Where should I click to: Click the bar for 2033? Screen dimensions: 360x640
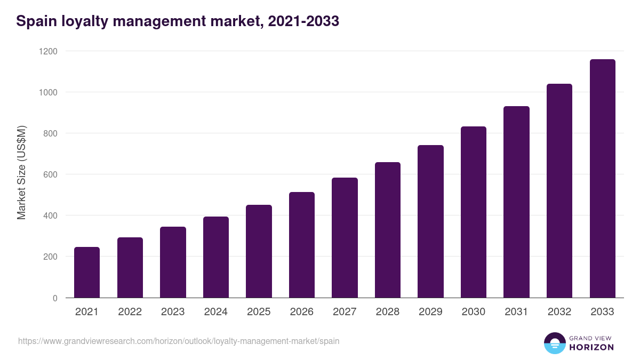point(602,179)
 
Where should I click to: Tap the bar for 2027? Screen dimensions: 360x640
point(345,238)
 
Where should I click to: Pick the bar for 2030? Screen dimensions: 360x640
point(474,212)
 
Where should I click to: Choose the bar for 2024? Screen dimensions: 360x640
point(216,257)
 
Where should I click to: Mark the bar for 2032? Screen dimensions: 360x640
point(559,191)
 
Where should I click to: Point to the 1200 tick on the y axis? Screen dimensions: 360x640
point(47,51)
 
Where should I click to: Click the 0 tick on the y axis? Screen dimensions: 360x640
point(54,298)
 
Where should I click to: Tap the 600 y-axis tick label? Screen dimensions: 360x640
point(50,174)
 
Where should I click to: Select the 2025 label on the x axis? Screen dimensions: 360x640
point(259,312)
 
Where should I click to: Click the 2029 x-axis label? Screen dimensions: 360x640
point(430,312)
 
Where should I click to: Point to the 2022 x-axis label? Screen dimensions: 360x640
point(130,312)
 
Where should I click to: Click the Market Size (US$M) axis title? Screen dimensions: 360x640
point(21,172)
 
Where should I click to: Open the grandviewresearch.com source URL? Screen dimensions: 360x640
point(179,341)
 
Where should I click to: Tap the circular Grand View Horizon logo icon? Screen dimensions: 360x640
point(554,343)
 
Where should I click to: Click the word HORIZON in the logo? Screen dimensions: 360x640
point(591,347)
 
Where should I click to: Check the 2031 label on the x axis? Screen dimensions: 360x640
point(516,312)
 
